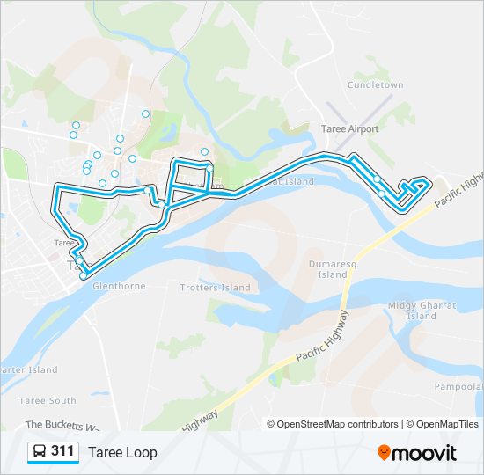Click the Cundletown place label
pyautogui.click(x=375, y=85)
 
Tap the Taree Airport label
pyautogui.click(x=349, y=128)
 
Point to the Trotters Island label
pyautogui.click(x=215, y=288)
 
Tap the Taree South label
pyautogui.click(x=51, y=400)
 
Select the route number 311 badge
pyautogui.click(x=62, y=451)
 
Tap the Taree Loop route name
pyautogui.click(x=122, y=452)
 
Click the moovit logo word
pyautogui.click(x=426, y=453)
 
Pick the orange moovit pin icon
pyautogui.click(x=385, y=452)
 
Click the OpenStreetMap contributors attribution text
pyautogui.click(x=338, y=424)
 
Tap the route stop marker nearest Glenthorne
pyautogui.click(x=84, y=276)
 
